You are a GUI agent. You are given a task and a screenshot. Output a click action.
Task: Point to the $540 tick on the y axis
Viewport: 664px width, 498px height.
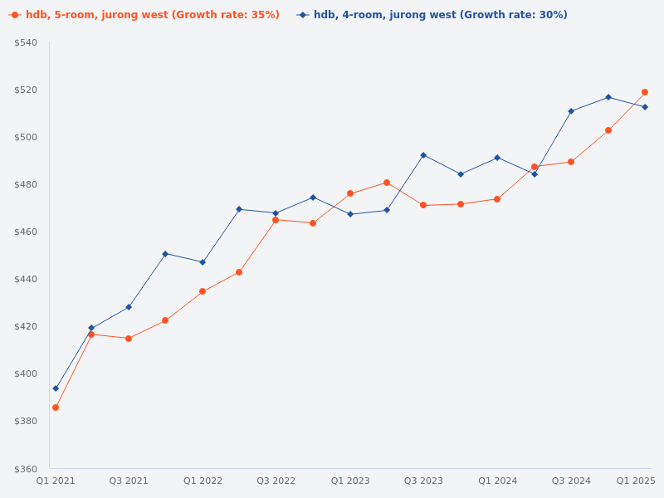pos(26,42)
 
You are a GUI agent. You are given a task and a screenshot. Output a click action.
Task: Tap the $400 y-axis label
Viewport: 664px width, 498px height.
pos(26,373)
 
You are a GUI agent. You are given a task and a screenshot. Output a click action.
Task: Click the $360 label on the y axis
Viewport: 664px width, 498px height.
pos(26,468)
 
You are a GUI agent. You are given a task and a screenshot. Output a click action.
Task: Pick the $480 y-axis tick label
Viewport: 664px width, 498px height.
pos(26,184)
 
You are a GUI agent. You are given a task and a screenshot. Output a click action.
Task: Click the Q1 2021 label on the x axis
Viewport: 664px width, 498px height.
pos(56,481)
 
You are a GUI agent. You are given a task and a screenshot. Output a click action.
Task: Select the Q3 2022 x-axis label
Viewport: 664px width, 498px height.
pos(276,481)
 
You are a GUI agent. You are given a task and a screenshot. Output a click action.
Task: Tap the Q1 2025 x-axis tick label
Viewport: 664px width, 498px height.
pos(636,481)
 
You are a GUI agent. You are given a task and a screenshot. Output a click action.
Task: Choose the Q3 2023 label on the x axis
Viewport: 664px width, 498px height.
pos(423,481)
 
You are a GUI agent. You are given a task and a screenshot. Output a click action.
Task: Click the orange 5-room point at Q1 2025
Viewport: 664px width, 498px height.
pos(645,92)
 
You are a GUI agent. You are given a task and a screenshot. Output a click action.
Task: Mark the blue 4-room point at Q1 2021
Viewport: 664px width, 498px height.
pos(56,388)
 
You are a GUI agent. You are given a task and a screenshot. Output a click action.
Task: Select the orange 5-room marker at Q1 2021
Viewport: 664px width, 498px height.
pos(56,408)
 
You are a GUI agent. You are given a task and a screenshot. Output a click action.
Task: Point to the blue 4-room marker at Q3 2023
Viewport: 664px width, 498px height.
pos(423,155)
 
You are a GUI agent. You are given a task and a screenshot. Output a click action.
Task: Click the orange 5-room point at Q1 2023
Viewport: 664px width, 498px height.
pos(350,193)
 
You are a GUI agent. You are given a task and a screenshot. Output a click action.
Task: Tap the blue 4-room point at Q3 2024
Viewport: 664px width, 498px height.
pos(571,111)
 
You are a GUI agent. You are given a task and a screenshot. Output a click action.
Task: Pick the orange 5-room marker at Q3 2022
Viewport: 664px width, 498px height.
pos(276,220)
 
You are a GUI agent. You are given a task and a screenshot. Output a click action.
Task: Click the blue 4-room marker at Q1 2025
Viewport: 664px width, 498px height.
pos(645,107)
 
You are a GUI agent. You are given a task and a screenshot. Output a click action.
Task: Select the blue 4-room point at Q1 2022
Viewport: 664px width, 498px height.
pos(203,262)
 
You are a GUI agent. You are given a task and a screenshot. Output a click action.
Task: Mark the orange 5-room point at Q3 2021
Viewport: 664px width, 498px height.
pos(129,339)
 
